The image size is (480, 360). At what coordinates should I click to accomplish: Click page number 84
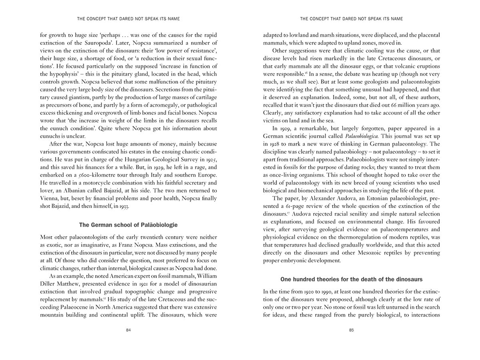(128, 330)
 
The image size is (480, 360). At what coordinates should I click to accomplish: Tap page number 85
(351, 330)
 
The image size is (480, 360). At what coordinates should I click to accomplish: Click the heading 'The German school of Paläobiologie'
(128, 225)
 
